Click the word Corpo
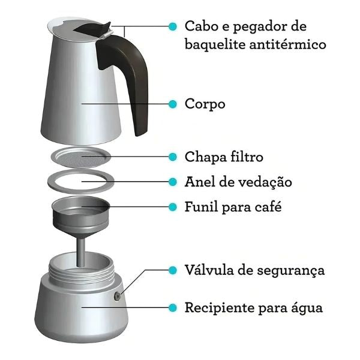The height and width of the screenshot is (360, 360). (205, 104)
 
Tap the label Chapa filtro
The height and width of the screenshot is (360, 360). (224, 157)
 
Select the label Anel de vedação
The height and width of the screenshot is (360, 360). (238, 181)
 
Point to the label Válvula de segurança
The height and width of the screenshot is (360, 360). (254, 270)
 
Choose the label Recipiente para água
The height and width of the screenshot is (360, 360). (253, 308)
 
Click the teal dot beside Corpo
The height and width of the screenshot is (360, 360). (173, 104)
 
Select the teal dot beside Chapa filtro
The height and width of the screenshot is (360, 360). (173, 157)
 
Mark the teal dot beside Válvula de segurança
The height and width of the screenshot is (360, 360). (173, 270)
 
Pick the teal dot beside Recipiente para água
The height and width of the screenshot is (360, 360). (173, 308)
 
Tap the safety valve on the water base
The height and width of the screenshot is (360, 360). (117, 296)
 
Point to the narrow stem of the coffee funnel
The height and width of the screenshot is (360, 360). (80, 248)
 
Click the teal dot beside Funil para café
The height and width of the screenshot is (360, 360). (173, 208)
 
